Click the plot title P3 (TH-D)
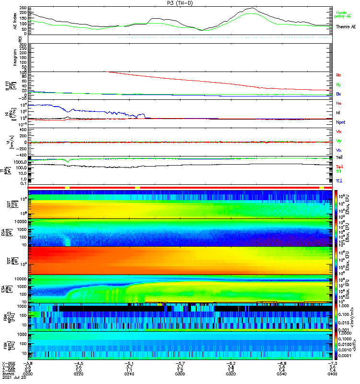pyautogui.click(x=180, y=3)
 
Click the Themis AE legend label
pyautogui.click(x=345, y=27)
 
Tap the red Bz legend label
pyautogui.click(x=338, y=75)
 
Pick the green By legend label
pyautogui.click(x=338, y=84)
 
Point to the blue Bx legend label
pyautogui.click(x=338, y=94)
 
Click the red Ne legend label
pyautogui.click(x=338, y=103)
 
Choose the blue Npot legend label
pyautogui.click(x=340, y=122)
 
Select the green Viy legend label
pyautogui.click(x=338, y=141)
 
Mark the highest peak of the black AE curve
pyautogui.click(x=252, y=8)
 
